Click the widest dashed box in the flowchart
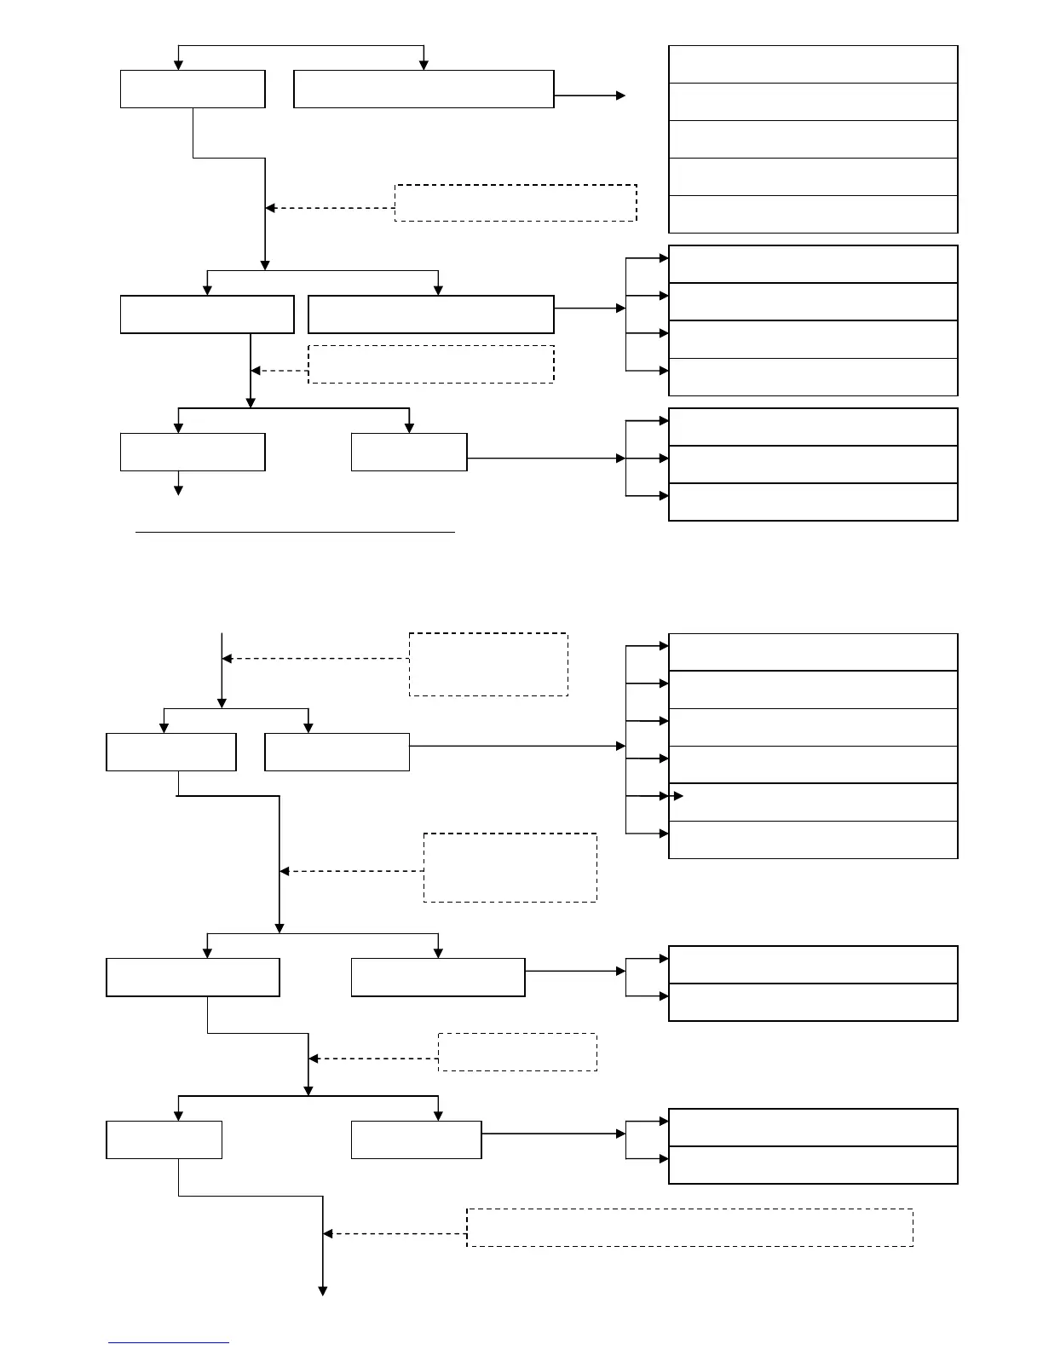[x=689, y=1227]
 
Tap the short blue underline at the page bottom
[x=169, y=1343]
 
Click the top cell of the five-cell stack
[x=813, y=65]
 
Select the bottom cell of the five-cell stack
[x=813, y=214]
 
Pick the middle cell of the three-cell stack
[x=813, y=464]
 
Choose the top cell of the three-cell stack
[x=813, y=427]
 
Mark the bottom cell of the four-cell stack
[x=813, y=377]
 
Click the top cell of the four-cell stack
[x=813, y=264]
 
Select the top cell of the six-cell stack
[x=813, y=652]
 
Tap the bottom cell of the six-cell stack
[x=813, y=839]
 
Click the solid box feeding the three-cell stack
[x=409, y=452]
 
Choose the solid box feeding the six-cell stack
[x=337, y=752]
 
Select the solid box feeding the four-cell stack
[x=430, y=314]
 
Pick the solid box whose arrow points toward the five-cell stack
[x=424, y=89]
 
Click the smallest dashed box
[x=517, y=1052]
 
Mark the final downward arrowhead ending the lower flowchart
[x=323, y=1291]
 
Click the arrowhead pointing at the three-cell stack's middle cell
[x=663, y=459]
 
